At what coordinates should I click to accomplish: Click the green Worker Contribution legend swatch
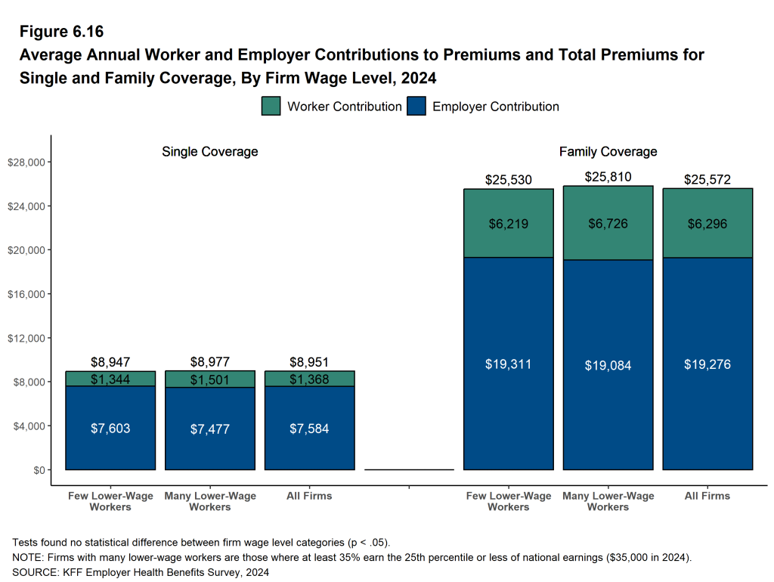pyautogui.click(x=271, y=107)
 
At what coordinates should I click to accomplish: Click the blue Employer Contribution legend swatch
pyautogui.click(x=416, y=107)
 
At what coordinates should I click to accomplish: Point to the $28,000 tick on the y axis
pyautogui.click(x=27, y=163)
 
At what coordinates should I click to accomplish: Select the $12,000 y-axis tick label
pyautogui.click(x=27, y=338)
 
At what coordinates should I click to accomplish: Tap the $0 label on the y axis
pyautogui.click(x=38, y=470)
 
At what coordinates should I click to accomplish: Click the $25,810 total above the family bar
pyautogui.click(x=608, y=178)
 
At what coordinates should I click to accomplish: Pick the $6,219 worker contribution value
pyautogui.click(x=508, y=224)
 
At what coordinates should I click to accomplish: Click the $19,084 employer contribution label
pyautogui.click(x=608, y=365)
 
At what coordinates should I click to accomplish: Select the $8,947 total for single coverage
pyautogui.click(x=110, y=362)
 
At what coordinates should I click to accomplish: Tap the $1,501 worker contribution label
pyautogui.click(x=209, y=379)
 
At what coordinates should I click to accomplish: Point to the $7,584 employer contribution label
pyautogui.click(x=309, y=429)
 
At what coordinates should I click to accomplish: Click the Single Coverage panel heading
pyautogui.click(x=209, y=152)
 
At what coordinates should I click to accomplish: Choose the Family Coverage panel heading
pyautogui.click(x=608, y=152)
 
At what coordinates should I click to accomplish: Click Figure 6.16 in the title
pyautogui.click(x=61, y=32)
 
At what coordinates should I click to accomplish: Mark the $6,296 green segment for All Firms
pyautogui.click(x=707, y=224)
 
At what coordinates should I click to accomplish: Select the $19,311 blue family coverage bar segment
pyautogui.click(x=508, y=364)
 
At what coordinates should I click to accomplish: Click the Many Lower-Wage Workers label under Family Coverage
pyautogui.click(x=608, y=501)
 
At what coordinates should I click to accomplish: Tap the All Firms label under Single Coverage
pyautogui.click(x=309, y=496)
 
